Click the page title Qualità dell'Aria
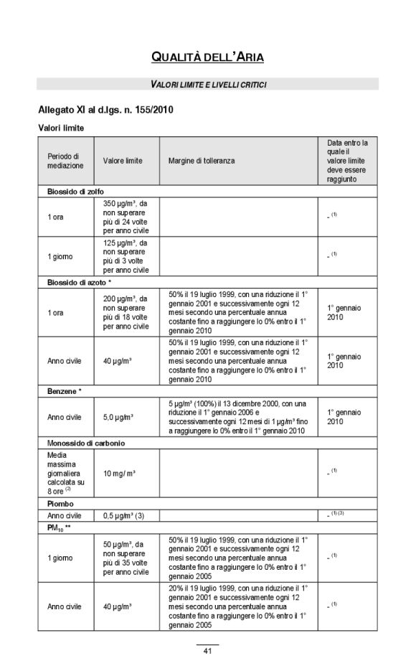pyautogui.click(x=207, y=57)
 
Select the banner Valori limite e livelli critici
pyautogui.click(x=208, y=85)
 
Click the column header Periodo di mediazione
pyautogui.click(x=65, y=161)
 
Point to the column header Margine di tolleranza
pyautogui.click(x=202, y=161)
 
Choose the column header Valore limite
pyautogui.click(x=123, y=161)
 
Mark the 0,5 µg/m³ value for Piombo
pyautogui.click(x=124, y=515)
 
